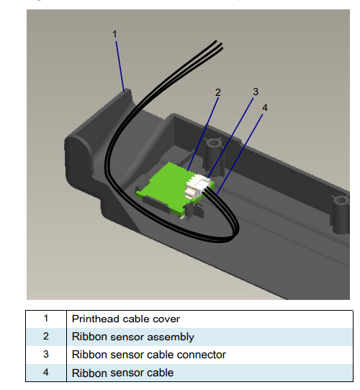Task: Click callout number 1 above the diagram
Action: pyautogui.click(x=115, y=33)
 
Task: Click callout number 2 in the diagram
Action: pyautogui.click(x=218, y=92)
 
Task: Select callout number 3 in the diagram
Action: pyautogui.click(x=255, y=92)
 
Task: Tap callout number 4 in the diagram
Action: pyautogui.click(x=265, y=107)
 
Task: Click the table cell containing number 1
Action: pyautogui.click(x=46, y=319)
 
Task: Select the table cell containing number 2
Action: pyautogui.click(x=46, y=337)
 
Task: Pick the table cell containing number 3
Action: pyautogui.click(x=46, y=355)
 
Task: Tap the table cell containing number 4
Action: pyautogui.click(x=46, y=373)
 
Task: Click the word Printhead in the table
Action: pyautogui.click(x=95, y=319)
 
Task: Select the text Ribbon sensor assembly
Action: pyautogui.click(x=132, y=337)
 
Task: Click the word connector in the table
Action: pyautogui.click(x=203, y=355)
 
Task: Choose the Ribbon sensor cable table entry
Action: pyautogui.click(x=122, y=373)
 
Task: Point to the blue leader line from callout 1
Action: pyautogui.click(x=120, y=65)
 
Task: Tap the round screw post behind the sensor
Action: pyautogui.click(x=212, y=144)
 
